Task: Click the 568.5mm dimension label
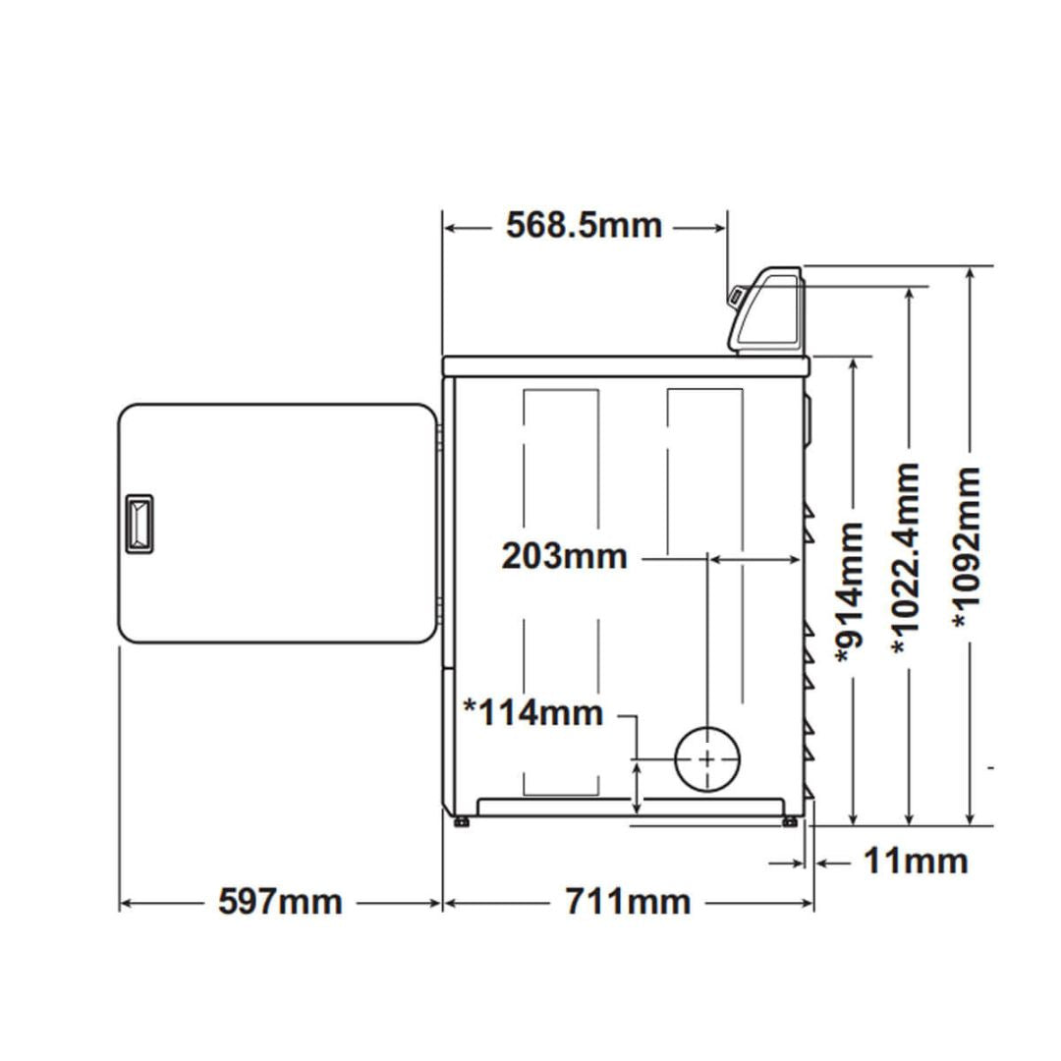(x=584, y=225)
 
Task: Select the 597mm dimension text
(x=280, y=902)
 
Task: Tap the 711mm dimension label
(x=628, y=902)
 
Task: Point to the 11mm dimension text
(x=916, y=862)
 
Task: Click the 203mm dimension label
(x=564, y=557)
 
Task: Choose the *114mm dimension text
(x=533, y=713)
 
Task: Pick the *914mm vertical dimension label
(x=851, y=593)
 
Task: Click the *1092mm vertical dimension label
(x=967, y=547)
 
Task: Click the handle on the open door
(x=139, y=525)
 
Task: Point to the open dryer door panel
(x=277, y=524)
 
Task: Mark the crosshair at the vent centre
(x=707, y=759)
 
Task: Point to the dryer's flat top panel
(x=626, y=366)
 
